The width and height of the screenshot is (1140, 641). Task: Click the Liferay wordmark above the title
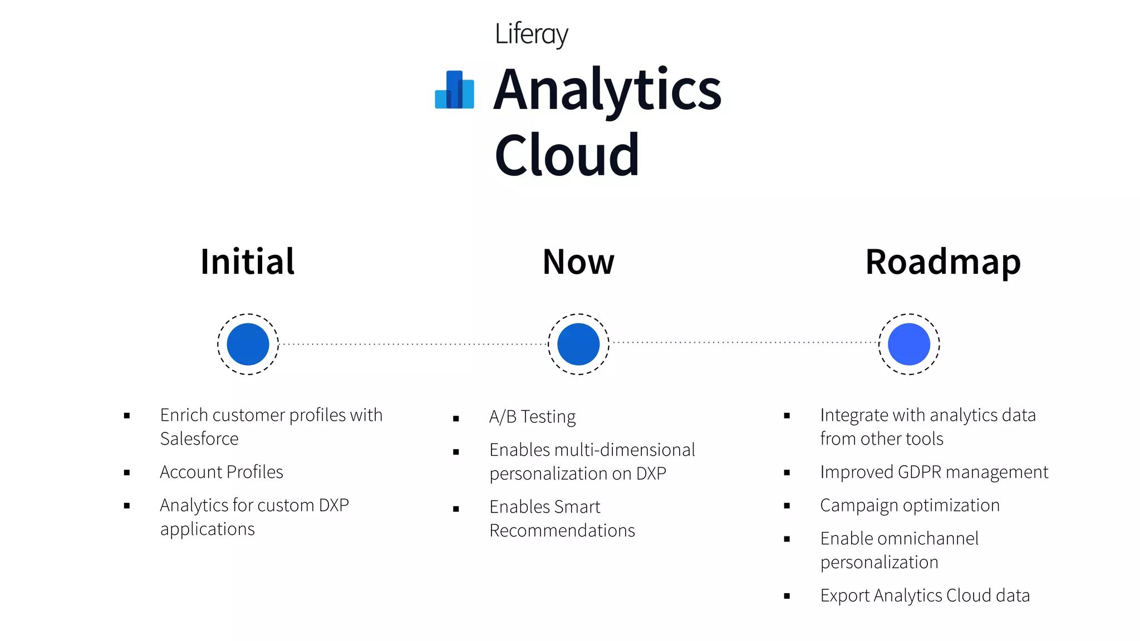[531, 34]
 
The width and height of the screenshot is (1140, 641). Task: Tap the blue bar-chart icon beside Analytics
[454, 90]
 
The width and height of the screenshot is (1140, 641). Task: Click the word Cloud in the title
[567, 155]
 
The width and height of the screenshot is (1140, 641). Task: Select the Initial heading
[247, 262]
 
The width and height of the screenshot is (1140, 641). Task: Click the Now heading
[578, 262]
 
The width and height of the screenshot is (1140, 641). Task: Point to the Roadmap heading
[943, 262]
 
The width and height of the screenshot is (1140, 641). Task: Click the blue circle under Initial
[248, 344]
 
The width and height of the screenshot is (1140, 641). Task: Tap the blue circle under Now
[578, 344]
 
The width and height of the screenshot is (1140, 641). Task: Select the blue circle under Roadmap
[909, 344]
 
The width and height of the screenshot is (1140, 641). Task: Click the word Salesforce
[199, 439]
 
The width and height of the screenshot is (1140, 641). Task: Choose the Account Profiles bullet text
[222, 472]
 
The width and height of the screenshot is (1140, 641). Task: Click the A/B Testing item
[532, 417]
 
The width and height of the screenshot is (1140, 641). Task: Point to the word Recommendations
[562, 531]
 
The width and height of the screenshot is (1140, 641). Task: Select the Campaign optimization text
[910, 505]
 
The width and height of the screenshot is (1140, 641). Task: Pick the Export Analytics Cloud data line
[925, 595]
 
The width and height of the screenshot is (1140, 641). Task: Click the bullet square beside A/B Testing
[456, 418]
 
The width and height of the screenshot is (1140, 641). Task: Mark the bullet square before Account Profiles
[127, 473]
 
